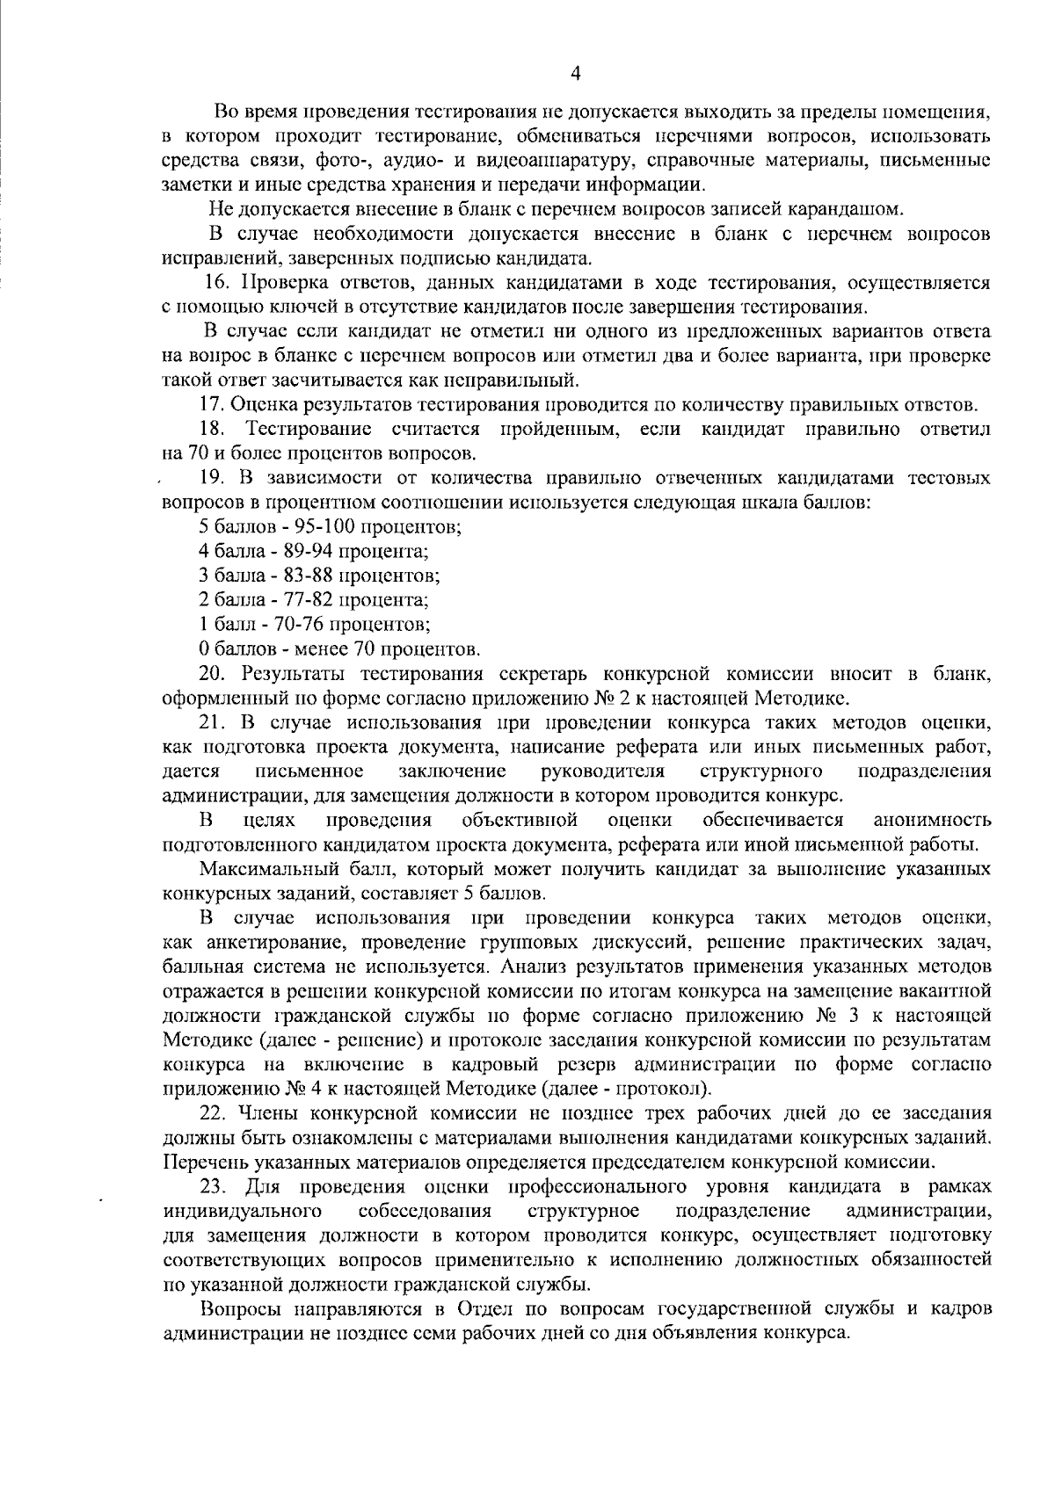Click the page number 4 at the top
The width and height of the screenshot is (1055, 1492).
576,75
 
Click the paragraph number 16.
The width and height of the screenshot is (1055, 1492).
216,283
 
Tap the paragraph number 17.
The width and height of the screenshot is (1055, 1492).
212,405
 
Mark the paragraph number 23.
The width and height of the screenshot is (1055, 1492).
215,1187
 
